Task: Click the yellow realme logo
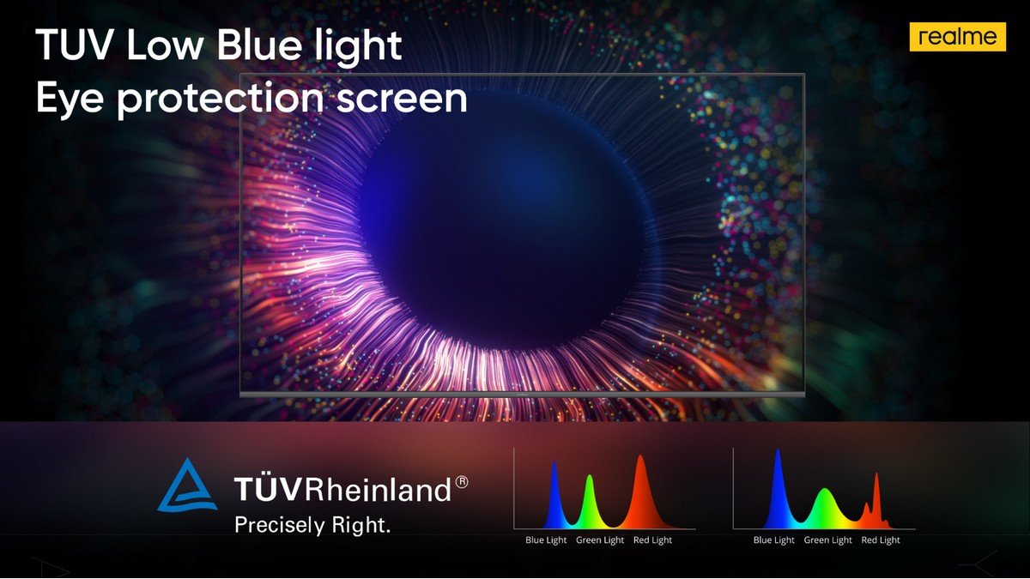pos(957,37)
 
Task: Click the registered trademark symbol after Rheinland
pos(462,482)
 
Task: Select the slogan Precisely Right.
pos(312,526)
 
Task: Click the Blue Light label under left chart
pos(546,540)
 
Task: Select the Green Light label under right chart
pos(827,540)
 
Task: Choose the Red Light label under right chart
pos(881,540)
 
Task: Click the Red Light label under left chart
pos(652,540)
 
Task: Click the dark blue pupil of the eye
pos(502,232)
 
